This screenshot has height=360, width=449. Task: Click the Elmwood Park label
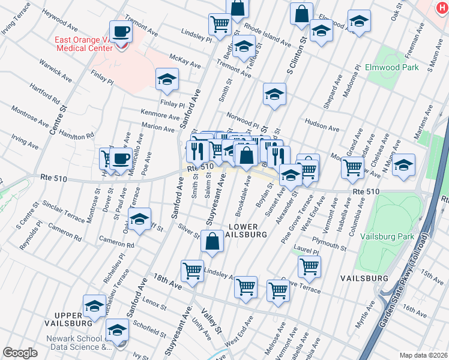[391, 68]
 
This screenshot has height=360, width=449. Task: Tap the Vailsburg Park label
[387, 237]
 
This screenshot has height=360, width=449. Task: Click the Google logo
[19, 353]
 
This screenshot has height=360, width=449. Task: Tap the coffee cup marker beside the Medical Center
[121, 32]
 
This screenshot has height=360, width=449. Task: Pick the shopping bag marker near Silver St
[212, 242]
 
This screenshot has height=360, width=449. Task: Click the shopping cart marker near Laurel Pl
[309, 266]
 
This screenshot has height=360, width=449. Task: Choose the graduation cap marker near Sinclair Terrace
[140, 221]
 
